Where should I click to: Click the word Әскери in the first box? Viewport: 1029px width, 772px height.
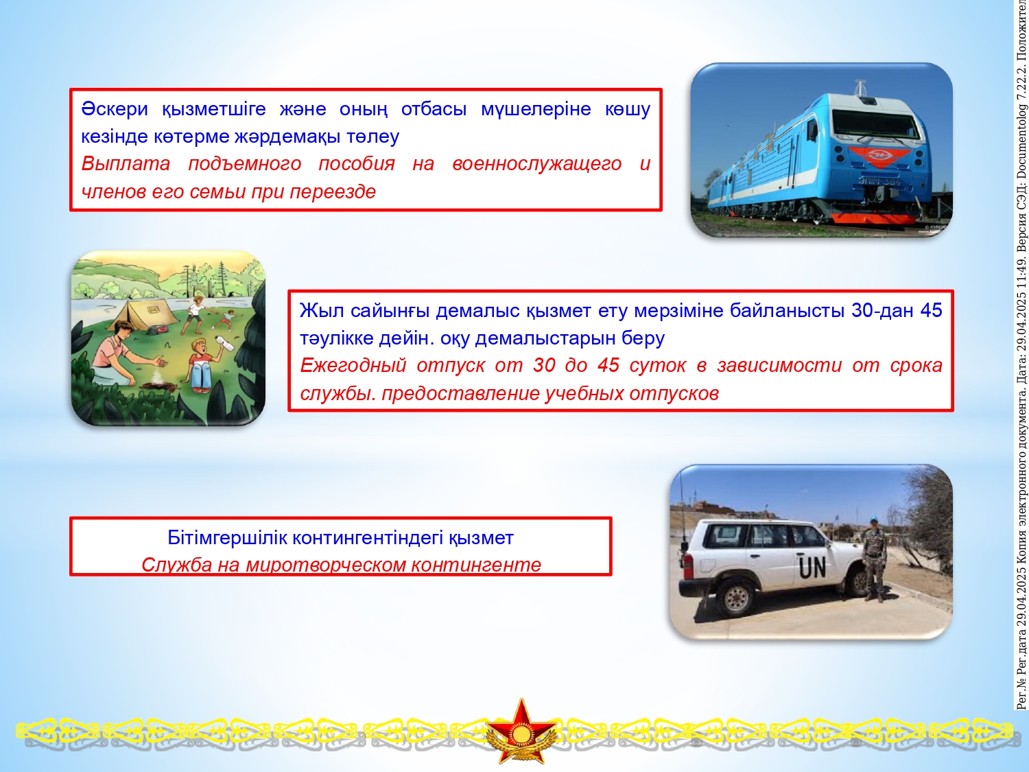tap(115, 109)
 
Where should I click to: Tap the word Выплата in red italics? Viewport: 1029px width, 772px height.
tap(126, 164)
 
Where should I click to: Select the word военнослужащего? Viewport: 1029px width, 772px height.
tap(536, 164)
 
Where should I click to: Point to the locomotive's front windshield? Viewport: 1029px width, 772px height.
tap(876, 121)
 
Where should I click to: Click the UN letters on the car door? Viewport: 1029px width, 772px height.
tap(812, 568)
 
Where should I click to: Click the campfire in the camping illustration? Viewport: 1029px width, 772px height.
tap(159, 382)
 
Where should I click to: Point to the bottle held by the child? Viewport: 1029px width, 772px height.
tap(226, 344)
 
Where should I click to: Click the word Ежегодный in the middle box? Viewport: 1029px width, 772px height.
tap(353, 366)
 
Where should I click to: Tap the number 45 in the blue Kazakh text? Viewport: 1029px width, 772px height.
tap(931, 311)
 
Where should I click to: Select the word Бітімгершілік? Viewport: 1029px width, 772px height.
tap(227, 537)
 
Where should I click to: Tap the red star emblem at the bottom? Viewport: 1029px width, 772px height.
tap(521, 731)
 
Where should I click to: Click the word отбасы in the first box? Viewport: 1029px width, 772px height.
tap(434, 109)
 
